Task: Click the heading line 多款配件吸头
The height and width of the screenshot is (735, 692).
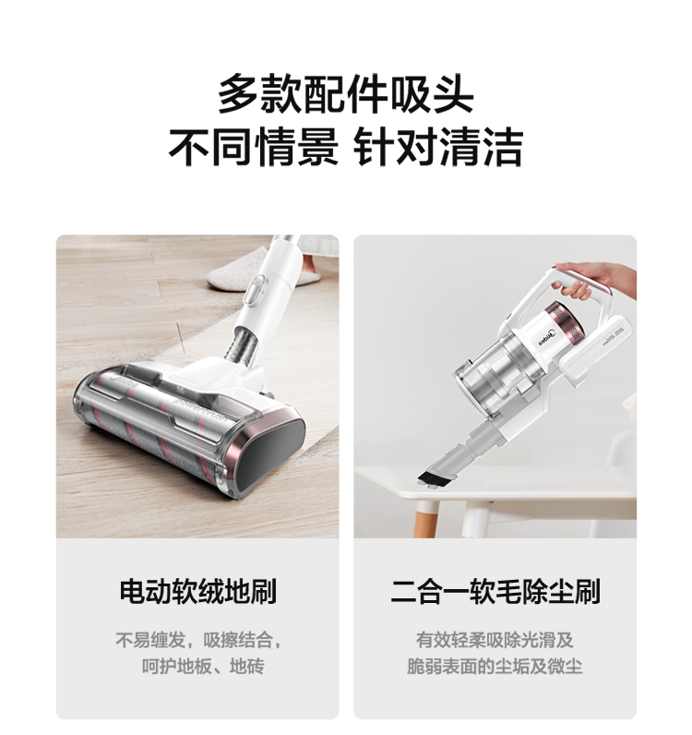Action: (346, 94)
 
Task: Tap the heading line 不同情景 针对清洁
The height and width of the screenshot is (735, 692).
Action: (346, 147)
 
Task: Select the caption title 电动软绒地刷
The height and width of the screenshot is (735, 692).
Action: (197, 591)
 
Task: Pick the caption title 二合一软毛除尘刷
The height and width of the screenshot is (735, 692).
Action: (495, 591)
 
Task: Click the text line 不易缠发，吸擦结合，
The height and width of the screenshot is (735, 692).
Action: (198, 640)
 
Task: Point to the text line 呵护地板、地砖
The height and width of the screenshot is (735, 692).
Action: (203, 666)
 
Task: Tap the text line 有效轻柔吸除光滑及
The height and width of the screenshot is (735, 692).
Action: (495, 640)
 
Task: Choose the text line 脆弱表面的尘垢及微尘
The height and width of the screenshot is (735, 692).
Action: (495, 666)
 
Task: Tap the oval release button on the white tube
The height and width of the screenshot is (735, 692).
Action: (255, 291)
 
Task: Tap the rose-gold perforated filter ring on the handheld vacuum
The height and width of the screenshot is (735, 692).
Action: (566, 319)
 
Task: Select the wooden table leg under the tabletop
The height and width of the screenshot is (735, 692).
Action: (424, 519)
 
